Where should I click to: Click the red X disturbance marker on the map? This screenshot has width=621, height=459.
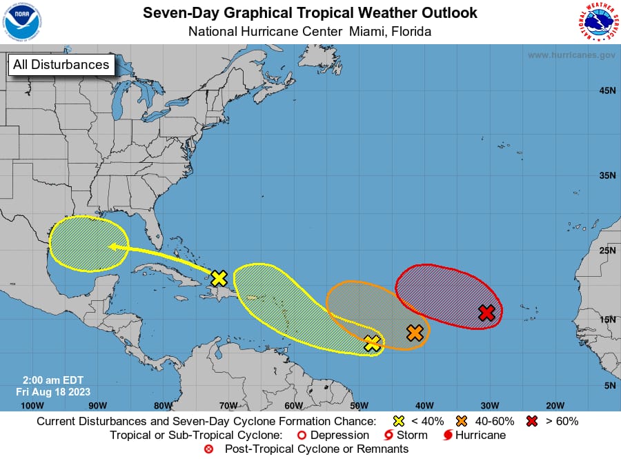click(x=486, y=313)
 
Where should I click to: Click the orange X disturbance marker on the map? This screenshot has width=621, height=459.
click(x=415, y=333)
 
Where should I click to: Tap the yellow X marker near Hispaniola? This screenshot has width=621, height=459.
click(x=219, y=278)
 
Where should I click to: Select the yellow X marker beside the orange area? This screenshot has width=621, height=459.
click(x=372, y=343)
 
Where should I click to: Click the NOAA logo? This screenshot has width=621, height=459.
click(x=22, y=22)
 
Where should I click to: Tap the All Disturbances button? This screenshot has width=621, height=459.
click(x=61, y=65)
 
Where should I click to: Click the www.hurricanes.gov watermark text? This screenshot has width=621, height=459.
click(x=571, y=55)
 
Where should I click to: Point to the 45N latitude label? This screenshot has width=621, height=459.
click(x=607, y=90)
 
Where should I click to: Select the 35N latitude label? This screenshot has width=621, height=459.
click(x=607, y=175)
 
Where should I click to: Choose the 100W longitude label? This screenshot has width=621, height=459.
click(x=32, y=405)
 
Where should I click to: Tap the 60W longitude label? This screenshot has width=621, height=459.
click(x=293, y=405)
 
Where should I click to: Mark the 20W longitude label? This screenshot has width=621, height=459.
click(x=555, y=405)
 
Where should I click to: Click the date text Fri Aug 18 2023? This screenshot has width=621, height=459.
click(x=53, y=391)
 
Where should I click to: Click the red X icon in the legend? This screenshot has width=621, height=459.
click(x=533, y=421)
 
